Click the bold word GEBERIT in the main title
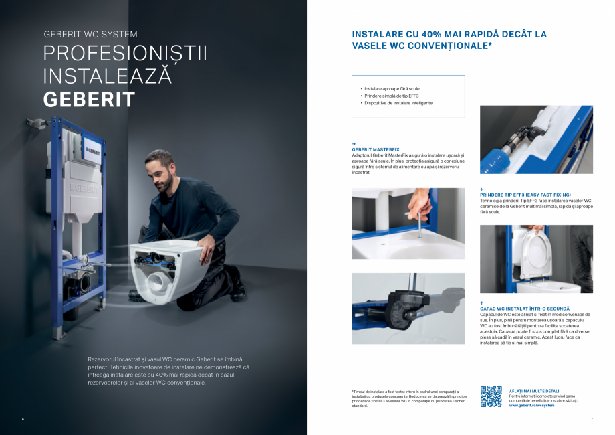[x=89, y=100]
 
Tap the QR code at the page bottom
[x=491, y=397]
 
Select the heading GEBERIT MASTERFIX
[x=376, y=149]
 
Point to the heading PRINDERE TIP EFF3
[x=525, y=195]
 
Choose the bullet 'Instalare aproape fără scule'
[x=392, y=88]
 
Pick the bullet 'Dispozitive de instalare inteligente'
[x=398, y=103]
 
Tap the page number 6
[x=23, y=419]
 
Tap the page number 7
[x=592, y=419]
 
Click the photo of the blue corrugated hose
[x=536, y=140]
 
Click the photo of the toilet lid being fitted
[x=536, y=259]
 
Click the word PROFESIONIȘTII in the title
[x=125, y=54]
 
